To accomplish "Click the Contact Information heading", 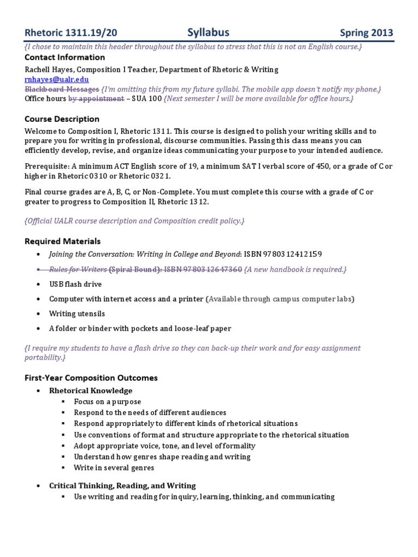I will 65,57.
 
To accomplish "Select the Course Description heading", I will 62,119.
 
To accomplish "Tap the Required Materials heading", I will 63,241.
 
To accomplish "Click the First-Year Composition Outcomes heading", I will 91,377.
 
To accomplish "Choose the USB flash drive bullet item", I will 75,284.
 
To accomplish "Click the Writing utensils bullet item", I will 77,314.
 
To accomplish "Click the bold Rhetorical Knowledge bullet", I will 90,391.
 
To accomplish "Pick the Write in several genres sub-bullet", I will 114,468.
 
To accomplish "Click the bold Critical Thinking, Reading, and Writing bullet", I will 122,486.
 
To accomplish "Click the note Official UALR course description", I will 135,221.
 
